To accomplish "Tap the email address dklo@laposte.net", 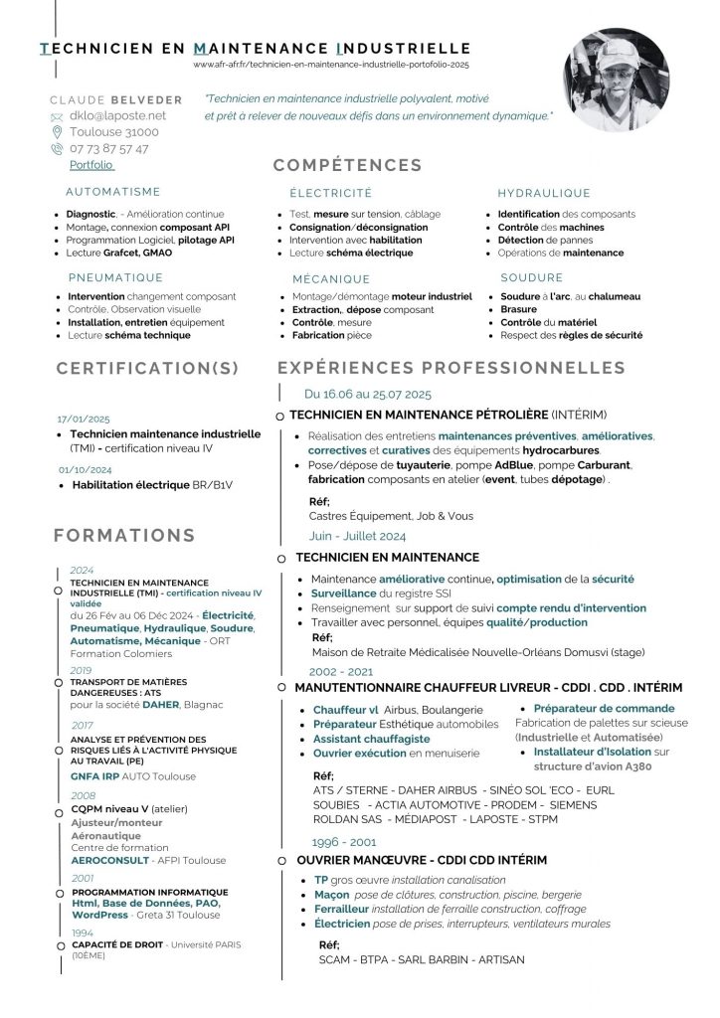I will (117, 115).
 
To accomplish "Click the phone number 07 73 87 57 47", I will (109, 148).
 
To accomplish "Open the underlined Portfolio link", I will (91, 165).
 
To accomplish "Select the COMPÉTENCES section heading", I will (347, 165).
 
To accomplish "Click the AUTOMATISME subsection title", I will (112, 192).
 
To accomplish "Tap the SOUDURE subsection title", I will (532, 277).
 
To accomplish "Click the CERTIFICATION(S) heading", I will (147, 369).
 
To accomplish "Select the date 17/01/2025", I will (84, 419).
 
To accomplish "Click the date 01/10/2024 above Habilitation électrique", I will (86, 469).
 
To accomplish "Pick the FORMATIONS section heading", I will (124, 535).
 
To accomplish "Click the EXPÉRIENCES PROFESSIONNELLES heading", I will (451, 368).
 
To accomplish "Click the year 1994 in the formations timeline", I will (82, 933).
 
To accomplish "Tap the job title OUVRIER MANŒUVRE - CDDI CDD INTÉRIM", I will (422, 859).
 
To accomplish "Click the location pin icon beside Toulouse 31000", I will (57, 131).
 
